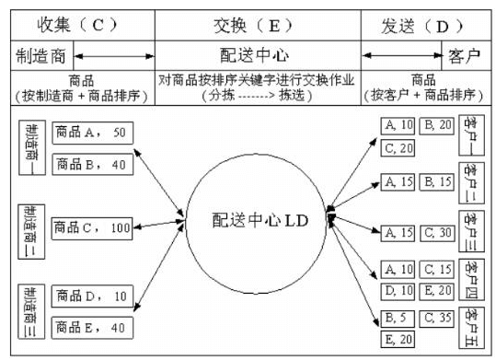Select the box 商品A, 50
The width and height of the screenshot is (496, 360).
[x=91, y=132]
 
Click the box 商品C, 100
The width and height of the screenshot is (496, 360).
[x=91, y=226]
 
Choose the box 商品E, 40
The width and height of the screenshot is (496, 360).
[x=91, y=326]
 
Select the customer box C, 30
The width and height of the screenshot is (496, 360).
[x=437, y=231]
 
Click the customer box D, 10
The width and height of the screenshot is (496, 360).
[x=398, y=290]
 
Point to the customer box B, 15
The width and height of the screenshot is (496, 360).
[x=437, y=181]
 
